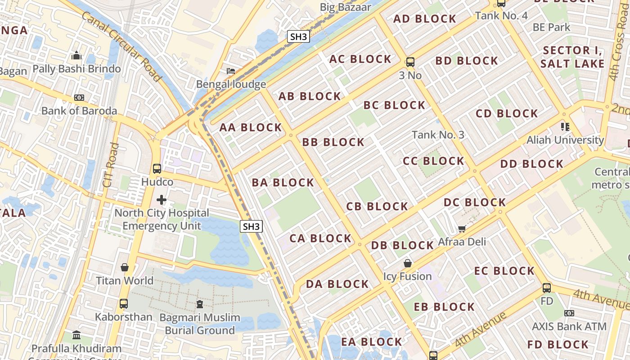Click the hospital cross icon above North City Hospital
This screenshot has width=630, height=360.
click(162, 199)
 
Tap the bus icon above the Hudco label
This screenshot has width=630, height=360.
click(157, 169)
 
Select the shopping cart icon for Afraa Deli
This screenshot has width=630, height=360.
click(462, 229)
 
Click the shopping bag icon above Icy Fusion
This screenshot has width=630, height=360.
click(408, 263)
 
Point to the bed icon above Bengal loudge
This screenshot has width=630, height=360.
click(231, 71)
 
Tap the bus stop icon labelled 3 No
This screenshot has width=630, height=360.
click(410, 62)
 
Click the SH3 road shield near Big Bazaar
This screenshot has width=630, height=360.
click(298, 36)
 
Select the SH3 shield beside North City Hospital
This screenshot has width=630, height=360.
click(251, 226)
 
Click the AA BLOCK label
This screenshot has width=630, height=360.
click(251, 128)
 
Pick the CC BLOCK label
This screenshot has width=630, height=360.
click(433, 161)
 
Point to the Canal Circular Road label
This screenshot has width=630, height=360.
click(121, 46)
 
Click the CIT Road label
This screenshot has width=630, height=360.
click(110, 165)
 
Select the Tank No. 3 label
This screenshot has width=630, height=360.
click(438, 135)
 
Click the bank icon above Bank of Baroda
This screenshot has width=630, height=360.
click(79, 98)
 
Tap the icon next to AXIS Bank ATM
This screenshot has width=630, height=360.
click(569, 313)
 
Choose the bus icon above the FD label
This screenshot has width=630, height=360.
click(547, 288)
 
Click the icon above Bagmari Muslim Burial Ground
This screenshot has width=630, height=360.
click(200, 304)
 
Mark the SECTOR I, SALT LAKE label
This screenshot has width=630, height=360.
click(572, 57)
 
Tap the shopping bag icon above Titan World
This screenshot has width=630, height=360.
click(125, 267)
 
